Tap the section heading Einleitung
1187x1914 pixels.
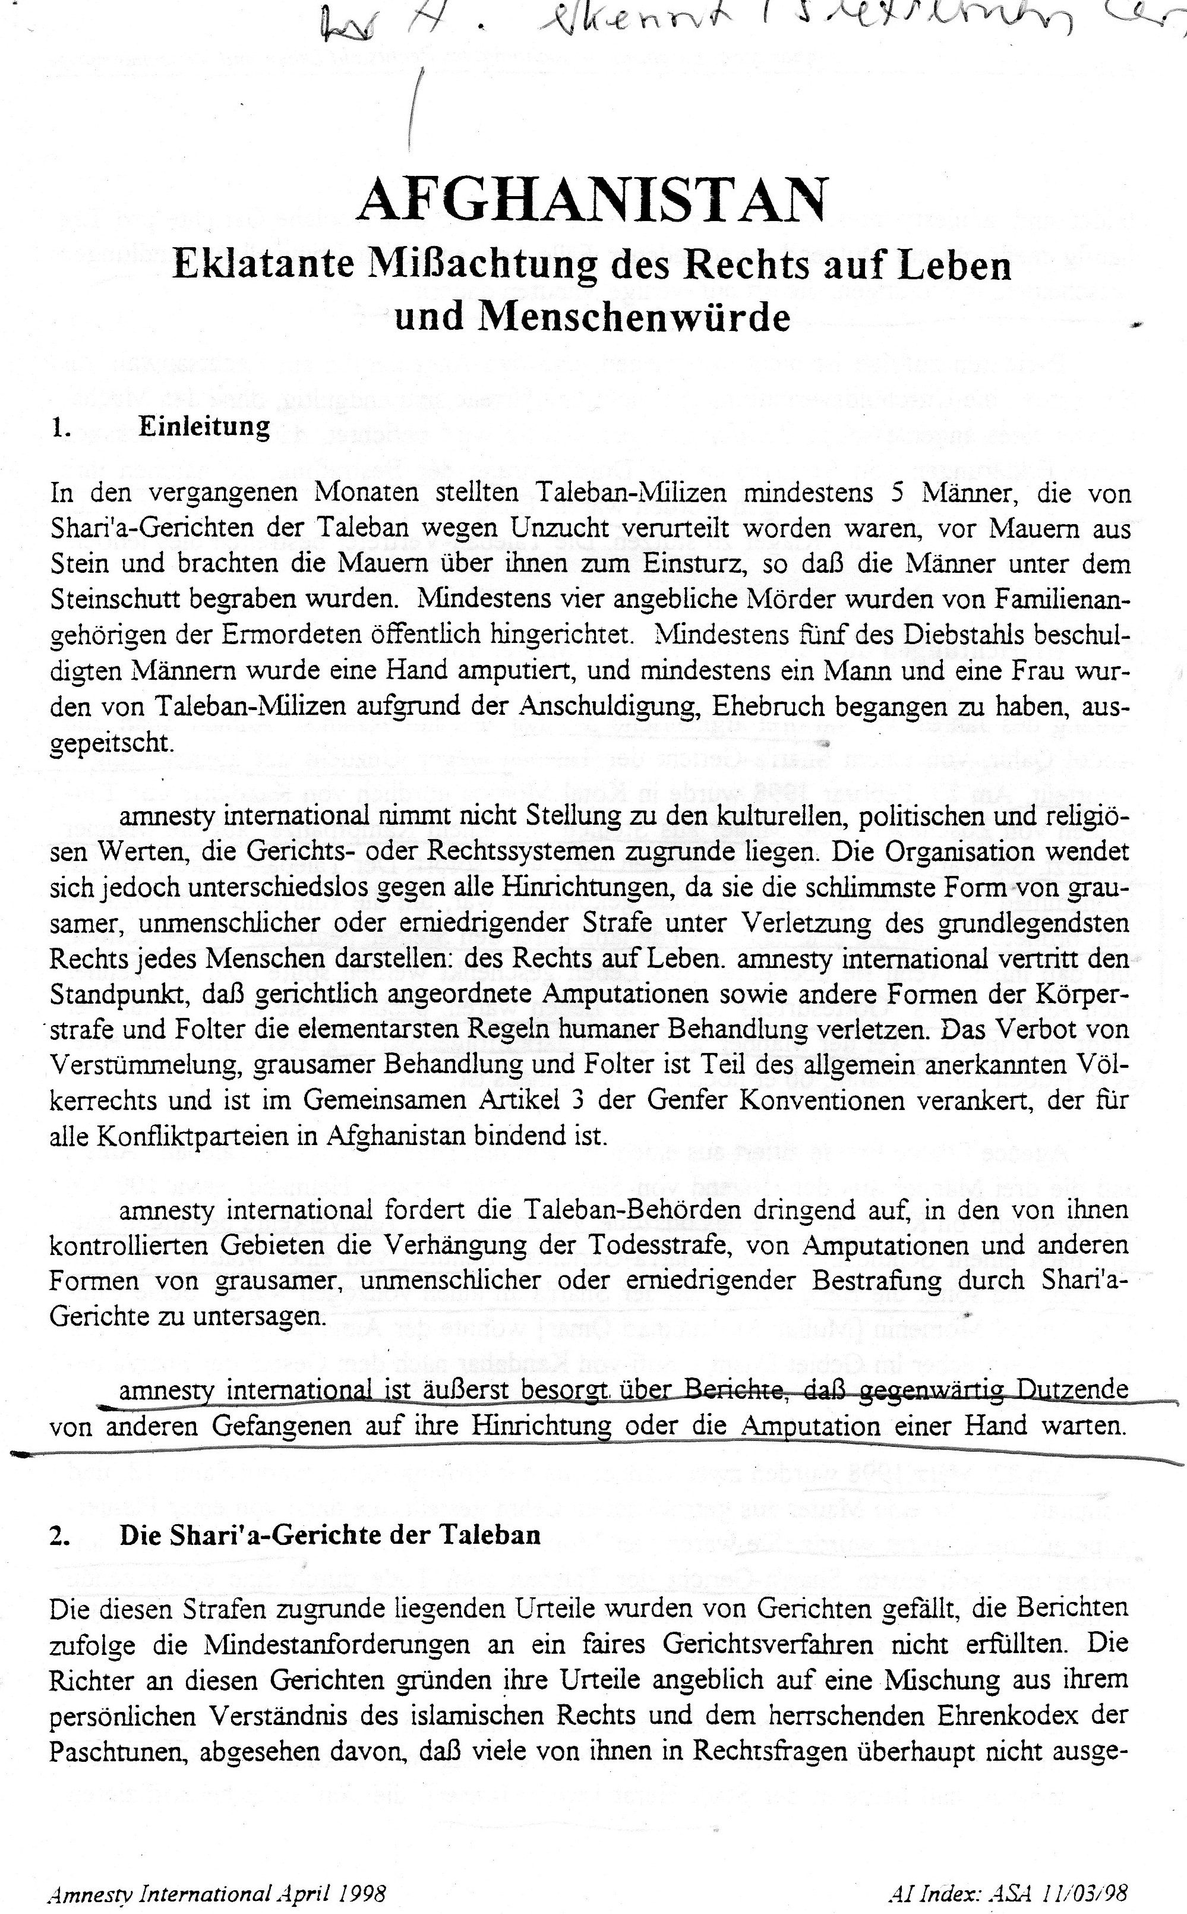(x=204, y=426)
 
